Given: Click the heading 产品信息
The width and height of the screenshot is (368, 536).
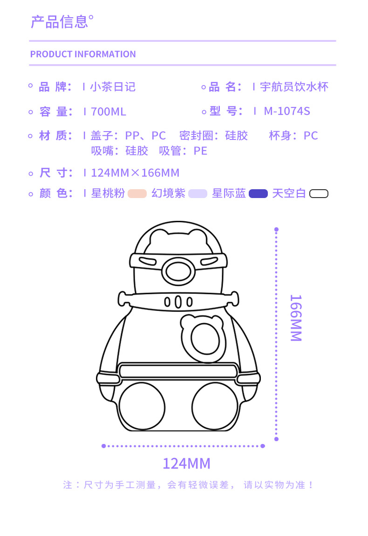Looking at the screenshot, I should coord(59,22).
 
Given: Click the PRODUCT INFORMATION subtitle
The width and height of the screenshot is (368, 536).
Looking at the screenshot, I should coord(83,54).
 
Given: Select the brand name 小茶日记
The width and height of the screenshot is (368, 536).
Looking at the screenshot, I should coord(113,87).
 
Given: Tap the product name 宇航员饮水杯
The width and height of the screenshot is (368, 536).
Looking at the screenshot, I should coord(294,87).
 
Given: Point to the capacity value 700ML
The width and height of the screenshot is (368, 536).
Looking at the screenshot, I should coord(109,112).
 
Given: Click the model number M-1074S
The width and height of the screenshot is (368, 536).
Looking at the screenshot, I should coord(286,112).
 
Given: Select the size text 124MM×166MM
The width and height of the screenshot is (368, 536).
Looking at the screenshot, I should coord(135,173).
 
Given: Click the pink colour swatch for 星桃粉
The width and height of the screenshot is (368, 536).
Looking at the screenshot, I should coord(137,194).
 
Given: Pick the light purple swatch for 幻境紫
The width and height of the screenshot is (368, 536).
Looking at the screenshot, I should coord(198,194).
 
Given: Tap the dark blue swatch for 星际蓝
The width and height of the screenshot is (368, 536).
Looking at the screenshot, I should coord(258,194).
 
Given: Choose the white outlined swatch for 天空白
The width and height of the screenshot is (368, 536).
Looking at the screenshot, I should coord(319,194).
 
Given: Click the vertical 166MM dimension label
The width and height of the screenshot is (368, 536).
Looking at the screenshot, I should coord(295,318).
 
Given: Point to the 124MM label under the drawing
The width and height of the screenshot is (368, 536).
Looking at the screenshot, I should coord(186,463).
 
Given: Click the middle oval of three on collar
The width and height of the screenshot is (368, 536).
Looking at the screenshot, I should coord(178,302).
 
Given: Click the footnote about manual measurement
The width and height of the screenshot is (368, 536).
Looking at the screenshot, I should coord(189,485).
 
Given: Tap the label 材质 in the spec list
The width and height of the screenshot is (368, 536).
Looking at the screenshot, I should coord(56,136).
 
